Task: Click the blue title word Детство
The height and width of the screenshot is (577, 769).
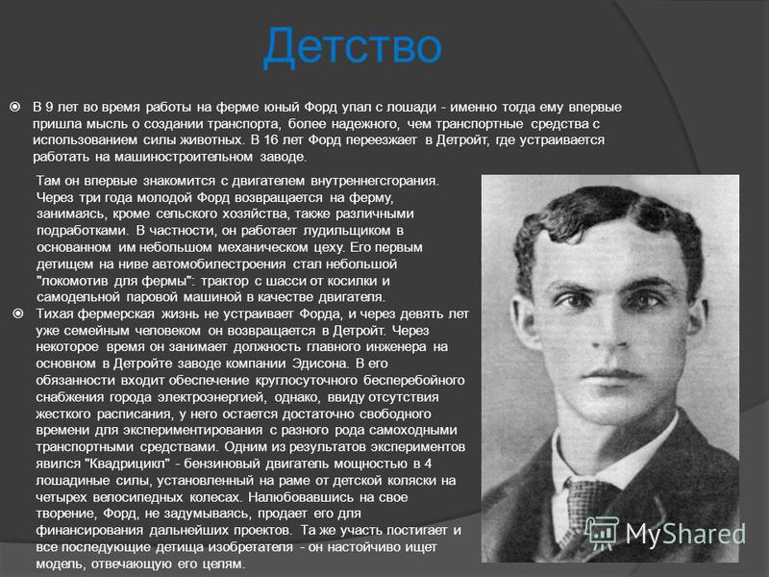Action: point(352,46)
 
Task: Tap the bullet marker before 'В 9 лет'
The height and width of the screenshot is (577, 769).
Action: point(15,107)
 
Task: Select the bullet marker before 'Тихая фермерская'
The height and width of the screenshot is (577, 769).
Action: point(17,314)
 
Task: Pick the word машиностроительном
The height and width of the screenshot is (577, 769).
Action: point(184,157)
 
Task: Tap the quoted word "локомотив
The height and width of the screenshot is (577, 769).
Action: point(73,281)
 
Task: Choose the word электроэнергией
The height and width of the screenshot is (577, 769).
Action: point(212,397)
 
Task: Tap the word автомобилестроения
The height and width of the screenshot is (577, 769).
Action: point(219,263)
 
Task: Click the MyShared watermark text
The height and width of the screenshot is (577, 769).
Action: point(685,534)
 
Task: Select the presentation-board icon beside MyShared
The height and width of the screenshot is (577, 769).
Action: point(602,533)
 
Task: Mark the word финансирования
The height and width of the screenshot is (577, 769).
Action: point(89,531)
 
